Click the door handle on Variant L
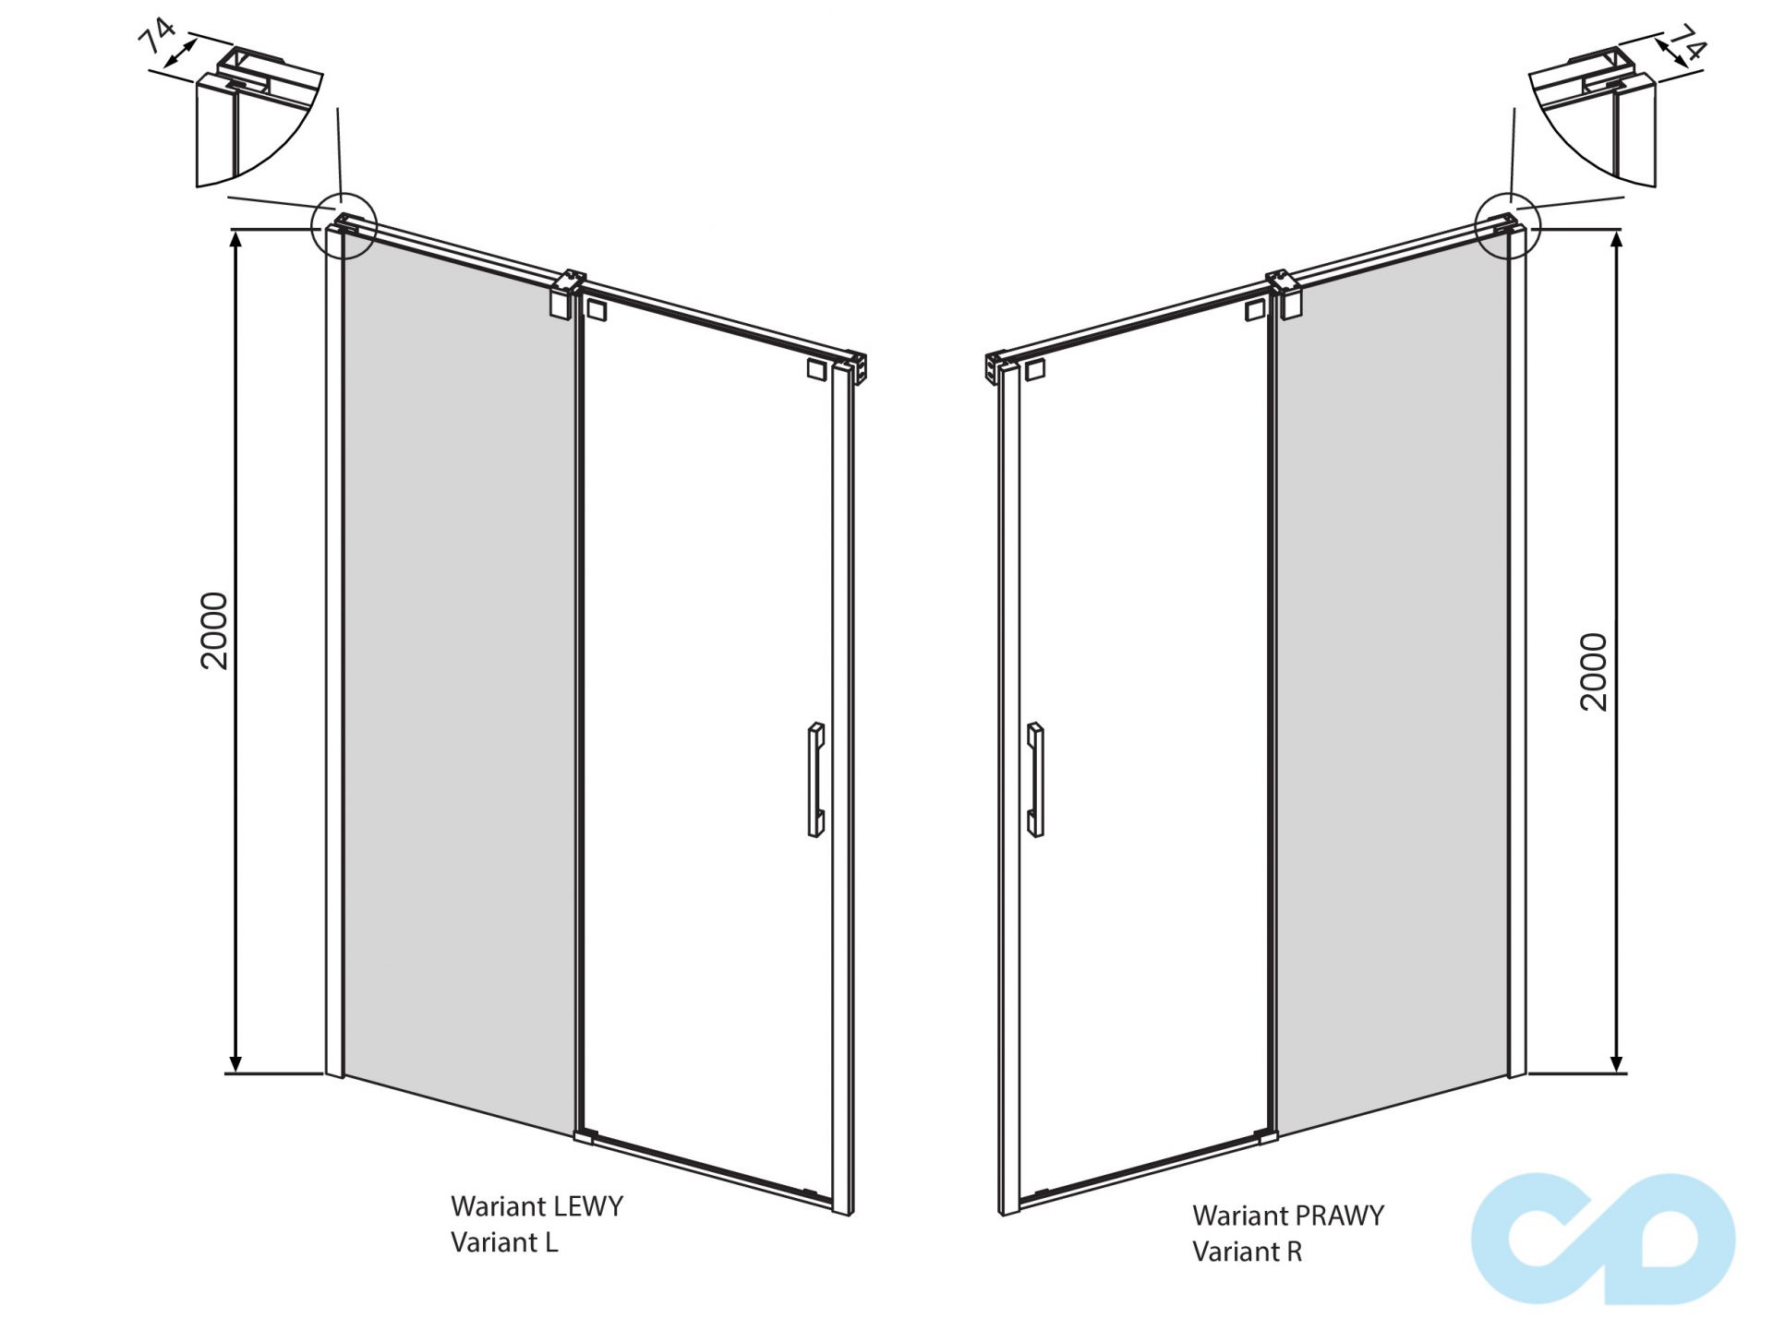point(815,780)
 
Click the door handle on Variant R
point(1035,780)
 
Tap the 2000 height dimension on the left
point(214,630)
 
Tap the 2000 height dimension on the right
point(1594,672)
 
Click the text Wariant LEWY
point(537,1206)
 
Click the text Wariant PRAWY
point(1288,1216)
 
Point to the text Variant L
point(504,1242)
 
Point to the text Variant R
point(1247,1252)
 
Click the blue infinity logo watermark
point(1603,1239)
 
